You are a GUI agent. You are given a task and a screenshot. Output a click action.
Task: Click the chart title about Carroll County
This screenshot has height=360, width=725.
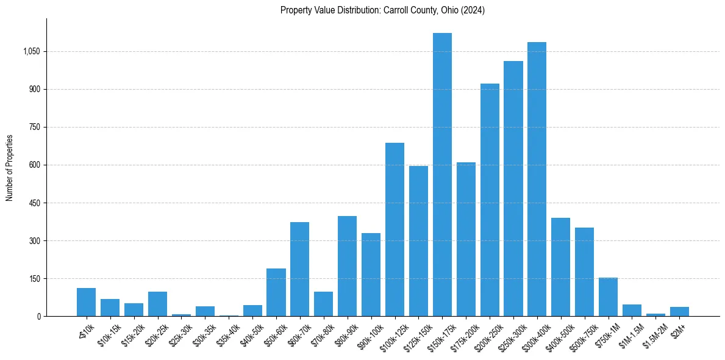click(382, 10)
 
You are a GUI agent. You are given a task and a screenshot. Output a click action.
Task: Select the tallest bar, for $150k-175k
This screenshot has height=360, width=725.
click(442, 175)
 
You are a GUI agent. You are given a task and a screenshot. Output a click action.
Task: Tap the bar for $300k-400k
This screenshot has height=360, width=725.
click(537, 179)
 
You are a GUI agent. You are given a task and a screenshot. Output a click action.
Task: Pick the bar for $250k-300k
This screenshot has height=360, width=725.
click(513, 189)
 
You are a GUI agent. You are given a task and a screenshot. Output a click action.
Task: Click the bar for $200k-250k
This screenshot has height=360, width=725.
click(490, 200)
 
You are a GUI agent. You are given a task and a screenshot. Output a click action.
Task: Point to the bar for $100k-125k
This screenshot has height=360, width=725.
click(395, 229)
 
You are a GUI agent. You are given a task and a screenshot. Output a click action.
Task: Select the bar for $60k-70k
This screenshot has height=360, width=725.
click(299, 269)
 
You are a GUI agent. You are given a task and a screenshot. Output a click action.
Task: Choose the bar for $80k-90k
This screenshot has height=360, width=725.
click(347, 266)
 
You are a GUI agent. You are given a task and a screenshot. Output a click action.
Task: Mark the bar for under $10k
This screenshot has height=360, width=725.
click(86, 302)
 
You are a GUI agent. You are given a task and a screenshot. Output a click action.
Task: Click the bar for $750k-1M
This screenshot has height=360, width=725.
click(608, 297)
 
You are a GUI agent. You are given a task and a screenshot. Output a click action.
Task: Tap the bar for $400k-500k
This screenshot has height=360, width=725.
click(560, 267)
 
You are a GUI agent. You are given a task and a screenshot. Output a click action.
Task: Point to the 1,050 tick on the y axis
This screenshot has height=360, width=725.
click(31, 52)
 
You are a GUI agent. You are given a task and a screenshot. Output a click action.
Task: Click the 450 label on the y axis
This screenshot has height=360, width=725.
click(34, 203)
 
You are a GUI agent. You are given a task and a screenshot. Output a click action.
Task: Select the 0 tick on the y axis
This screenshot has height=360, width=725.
click(38, 317)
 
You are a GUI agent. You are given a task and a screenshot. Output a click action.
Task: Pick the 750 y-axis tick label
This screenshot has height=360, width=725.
click(34, 128)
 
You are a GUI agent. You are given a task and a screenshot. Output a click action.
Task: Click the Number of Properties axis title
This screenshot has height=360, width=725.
click(10, 168)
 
